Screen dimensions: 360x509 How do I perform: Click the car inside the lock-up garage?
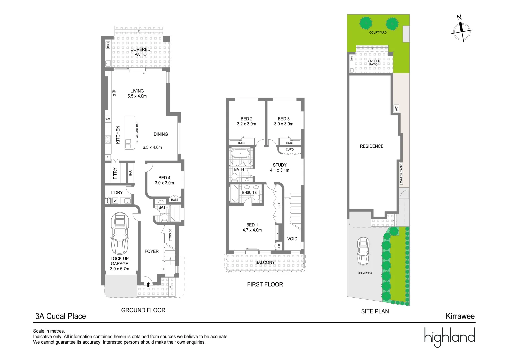click(120, 233)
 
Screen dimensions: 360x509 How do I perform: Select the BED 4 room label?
click(164, 180)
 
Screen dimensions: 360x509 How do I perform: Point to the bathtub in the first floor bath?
click(240, 154)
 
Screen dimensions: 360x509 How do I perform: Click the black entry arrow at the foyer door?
click(148, 284)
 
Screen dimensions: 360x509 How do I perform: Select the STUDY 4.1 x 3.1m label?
click(280, 167)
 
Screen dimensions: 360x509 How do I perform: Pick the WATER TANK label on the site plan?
click(401, 173)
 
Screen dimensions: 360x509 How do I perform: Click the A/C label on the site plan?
click(396, 108)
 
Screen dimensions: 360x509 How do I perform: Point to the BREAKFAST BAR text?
click(137, 132)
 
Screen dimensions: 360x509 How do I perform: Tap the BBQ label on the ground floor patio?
click(108, 45)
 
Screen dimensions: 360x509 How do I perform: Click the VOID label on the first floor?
click(292, 239)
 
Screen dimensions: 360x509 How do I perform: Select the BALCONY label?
click(265, 262)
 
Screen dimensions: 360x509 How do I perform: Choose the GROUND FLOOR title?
click(143, 310)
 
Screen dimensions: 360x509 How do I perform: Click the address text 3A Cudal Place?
click(61, 316)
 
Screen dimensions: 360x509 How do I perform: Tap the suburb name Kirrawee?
click(460, 316)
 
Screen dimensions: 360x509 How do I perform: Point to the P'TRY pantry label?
click(115, 173)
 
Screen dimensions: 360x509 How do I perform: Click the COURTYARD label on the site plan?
click(378, 33)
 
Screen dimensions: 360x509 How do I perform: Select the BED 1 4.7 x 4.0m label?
click(252, 227)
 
